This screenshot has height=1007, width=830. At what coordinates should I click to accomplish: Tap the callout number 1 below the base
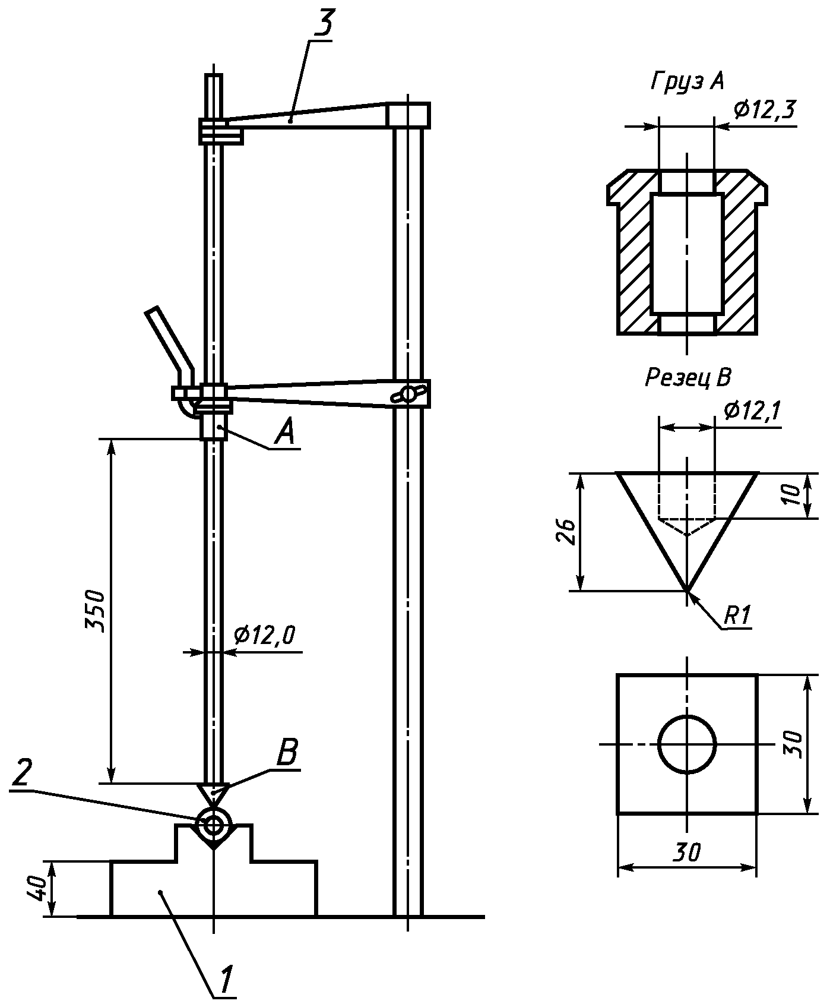(x=226, y=978)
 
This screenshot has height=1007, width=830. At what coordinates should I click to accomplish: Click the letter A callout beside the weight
(x=285, y=432)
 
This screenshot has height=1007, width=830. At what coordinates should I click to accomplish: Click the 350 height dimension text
(x=96, y=611)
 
